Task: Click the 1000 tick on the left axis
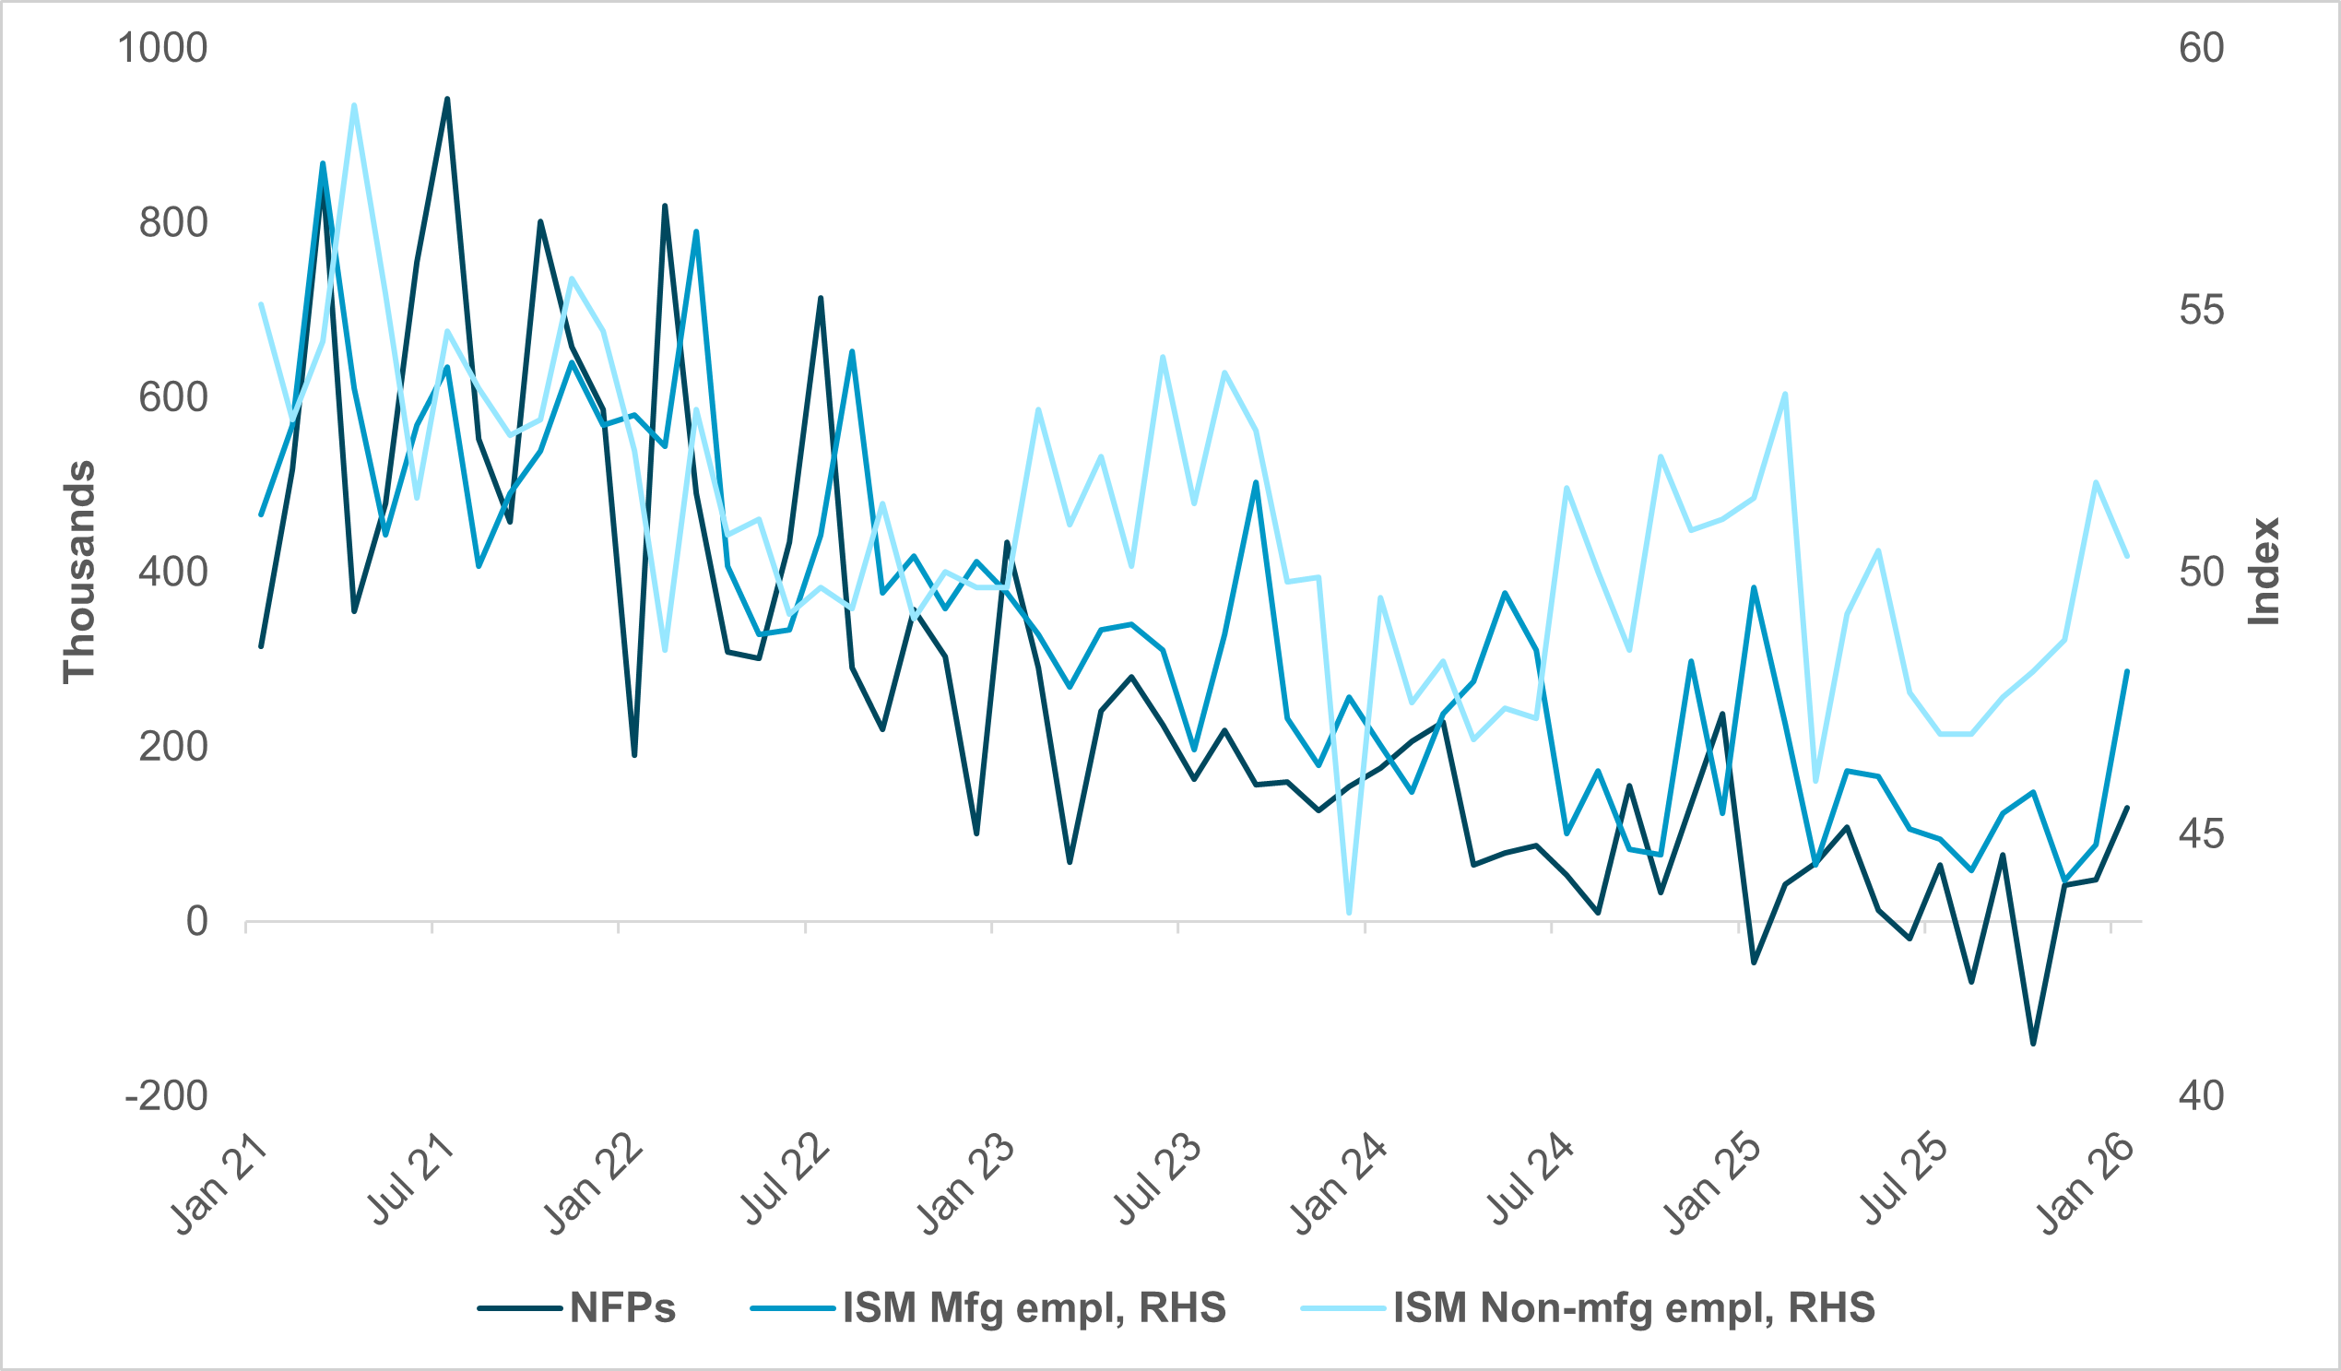coord(161,48)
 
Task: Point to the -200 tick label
coord(166,1096)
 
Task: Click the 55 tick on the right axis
coord(2202,310)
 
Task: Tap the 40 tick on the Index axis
coord(2202,1096)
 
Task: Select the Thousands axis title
coord(80,573)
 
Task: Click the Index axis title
coord(2264,573)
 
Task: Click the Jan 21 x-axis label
coord(219,1186)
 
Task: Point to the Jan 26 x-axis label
coord(2087,1186)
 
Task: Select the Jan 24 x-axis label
coord(1339,1186)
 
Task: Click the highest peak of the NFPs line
coord(447,99)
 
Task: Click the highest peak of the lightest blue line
coord(354,105)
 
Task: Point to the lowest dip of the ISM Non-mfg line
coord(1349,913)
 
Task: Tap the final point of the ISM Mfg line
coord(2127,671)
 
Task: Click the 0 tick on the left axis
coord(197,921)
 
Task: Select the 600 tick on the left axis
coord(172,397)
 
